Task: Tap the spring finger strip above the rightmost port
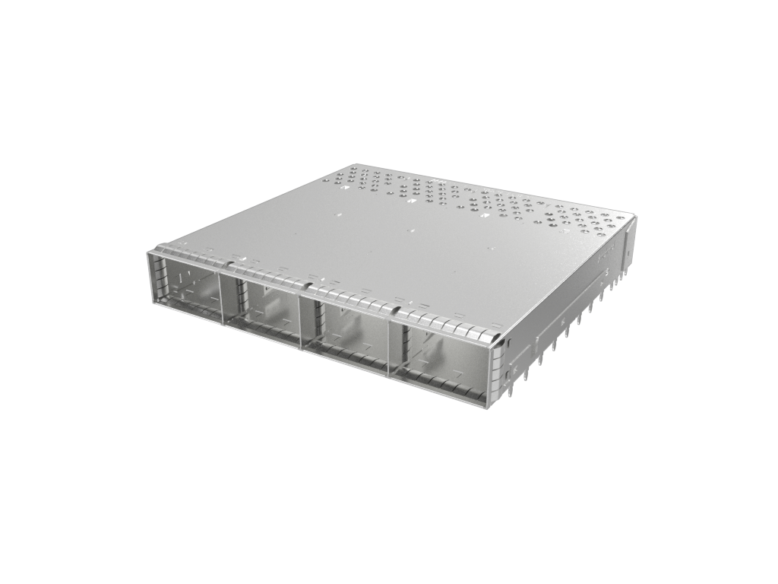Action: pyautogui.click(x=448, y=323)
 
